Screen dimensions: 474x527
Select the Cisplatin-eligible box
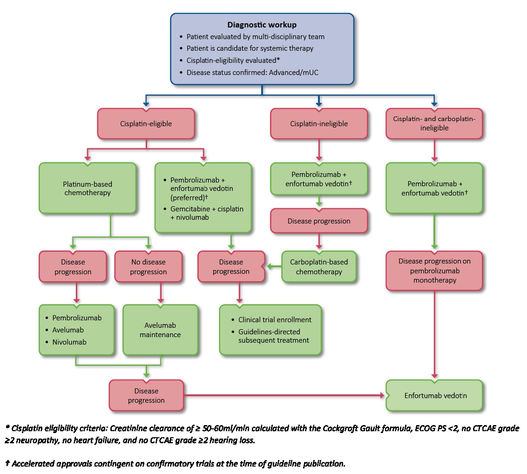tap(146, 124)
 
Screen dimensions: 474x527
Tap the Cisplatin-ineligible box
tap(319, 124)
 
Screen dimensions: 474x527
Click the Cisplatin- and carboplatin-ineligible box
tap(434, 123)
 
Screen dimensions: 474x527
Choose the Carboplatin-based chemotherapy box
tap(319, 267)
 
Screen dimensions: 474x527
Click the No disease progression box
tap(148, 267)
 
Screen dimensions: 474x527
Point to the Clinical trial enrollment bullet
tap(275, 320)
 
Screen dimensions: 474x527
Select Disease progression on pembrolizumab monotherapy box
tap(434, 271)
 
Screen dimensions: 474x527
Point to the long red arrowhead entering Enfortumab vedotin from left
tap(383, 395)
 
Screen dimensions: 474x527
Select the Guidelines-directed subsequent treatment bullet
tap(273, 336)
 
